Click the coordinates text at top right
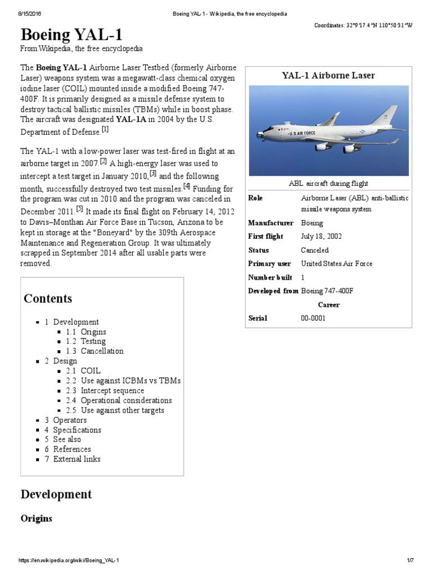point(367,26)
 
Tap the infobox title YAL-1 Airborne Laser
point(327,75)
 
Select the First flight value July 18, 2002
point(321,236)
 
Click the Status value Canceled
point(315,250)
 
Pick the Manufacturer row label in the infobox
point(271,223)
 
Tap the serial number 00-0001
point(313,318)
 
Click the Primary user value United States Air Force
point(336,263)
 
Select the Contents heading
point(48,298)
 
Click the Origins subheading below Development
point(37,518)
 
